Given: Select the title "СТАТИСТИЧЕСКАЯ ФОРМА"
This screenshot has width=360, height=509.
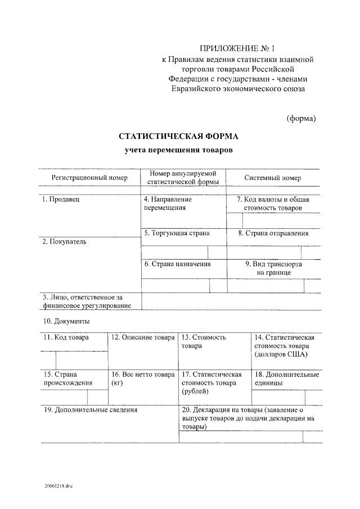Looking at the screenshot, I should (178, 136).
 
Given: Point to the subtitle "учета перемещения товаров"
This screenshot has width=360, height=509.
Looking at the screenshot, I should (178, 150).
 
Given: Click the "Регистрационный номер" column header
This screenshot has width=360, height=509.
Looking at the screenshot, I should (89, 178).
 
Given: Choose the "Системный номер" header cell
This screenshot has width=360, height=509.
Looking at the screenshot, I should (272, 178).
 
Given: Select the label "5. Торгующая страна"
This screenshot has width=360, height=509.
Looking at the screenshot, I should (177, 232).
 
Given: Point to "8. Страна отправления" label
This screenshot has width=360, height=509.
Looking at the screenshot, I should (273, 232).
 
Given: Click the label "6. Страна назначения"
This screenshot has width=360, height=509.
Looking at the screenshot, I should (177, 264).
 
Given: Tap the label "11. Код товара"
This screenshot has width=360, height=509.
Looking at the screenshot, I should (66, 337).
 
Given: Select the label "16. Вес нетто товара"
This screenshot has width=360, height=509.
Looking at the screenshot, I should (143, 374).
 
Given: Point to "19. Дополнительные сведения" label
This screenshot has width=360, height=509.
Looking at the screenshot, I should (90, 409).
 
